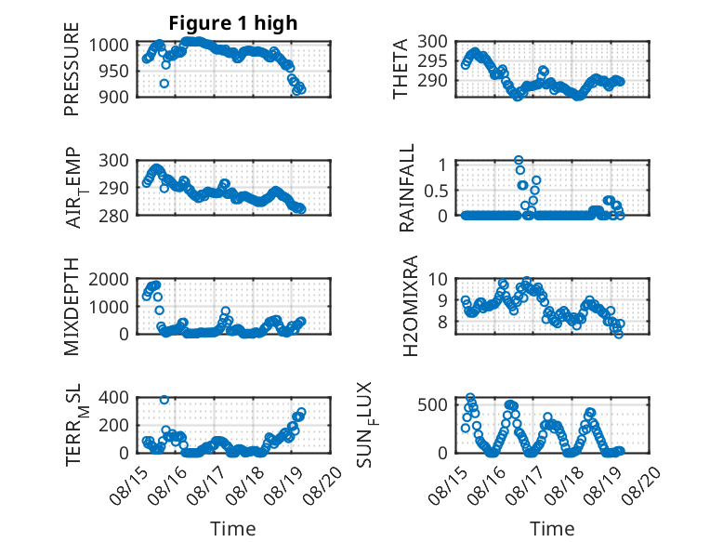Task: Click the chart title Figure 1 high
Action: click(233, 23)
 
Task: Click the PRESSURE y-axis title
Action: click(72, 69)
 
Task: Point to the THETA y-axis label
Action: click(401, 69)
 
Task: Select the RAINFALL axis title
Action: click(407, 188)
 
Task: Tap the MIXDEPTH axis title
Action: click(72, 306)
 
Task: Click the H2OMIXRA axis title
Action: click(410, 306)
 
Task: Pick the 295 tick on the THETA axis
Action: click(432, 60)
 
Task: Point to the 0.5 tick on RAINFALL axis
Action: click(436, 191)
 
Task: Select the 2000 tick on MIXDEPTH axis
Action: click(109, 279)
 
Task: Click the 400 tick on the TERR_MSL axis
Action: click(114, 397)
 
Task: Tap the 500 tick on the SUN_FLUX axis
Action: click(432, 405)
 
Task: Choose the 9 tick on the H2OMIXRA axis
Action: click(443, 300)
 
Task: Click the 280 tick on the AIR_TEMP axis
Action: click(114, 216)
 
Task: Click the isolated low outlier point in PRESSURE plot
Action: click(164, 84)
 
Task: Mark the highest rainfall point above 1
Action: click(519, 160)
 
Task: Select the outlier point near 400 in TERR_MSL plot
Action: click(164, 400)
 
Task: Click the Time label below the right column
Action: click(552, 529)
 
